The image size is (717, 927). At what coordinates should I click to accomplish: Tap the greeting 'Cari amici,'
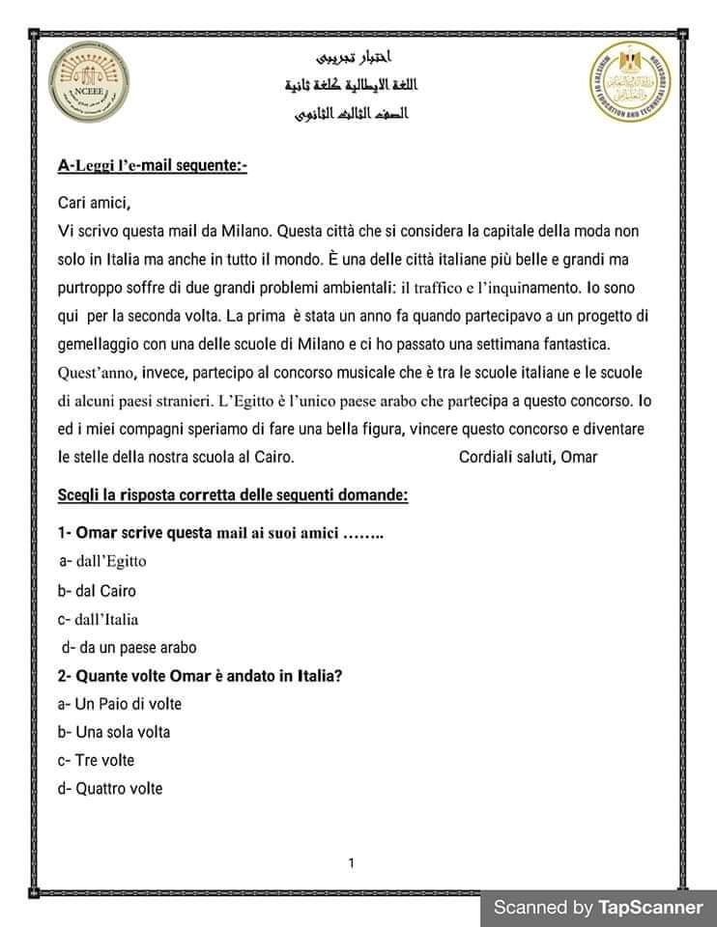(x=94, y=203)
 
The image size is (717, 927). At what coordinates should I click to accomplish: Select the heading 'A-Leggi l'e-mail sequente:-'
(x=153, y=166)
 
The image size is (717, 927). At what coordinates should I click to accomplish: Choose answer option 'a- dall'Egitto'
(x=102, y=561)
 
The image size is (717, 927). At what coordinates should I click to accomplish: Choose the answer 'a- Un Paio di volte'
(x=120, y=704)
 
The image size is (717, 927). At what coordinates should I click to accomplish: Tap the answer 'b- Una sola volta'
(x=114, y=732)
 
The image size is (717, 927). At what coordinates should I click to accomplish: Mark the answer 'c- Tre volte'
(x=96, y=760)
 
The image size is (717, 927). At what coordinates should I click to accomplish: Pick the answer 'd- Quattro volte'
(x=110, y=789)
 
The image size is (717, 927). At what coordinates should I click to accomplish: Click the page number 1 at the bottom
(x=351, y=862)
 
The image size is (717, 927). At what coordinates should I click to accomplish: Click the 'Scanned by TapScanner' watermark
(x=598, y=907)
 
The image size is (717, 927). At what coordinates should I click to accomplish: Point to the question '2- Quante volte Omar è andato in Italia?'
(x=200, y=676)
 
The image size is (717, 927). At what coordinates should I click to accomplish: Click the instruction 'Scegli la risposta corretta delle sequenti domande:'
(x=233, y=495)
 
